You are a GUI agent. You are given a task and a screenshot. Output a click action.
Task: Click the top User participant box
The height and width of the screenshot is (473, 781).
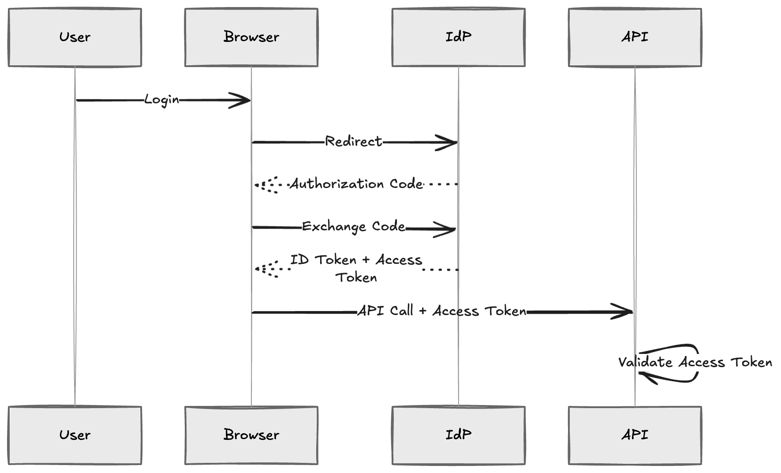[x=75, y=38]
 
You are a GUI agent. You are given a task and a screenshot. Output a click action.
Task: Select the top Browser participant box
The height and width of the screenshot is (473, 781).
[x=251, y=38]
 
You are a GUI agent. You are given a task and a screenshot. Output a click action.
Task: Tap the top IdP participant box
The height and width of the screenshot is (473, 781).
[x=458, y=38]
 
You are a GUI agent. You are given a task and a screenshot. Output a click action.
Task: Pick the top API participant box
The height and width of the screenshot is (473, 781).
[x=635, y=38]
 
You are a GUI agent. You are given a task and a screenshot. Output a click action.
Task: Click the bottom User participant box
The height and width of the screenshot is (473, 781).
[x=75, y=435]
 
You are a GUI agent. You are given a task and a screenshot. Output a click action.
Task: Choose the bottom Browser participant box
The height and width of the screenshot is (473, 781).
[x=251, y=435]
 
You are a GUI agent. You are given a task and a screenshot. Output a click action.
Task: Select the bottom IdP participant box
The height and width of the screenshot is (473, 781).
[x=458, y=435]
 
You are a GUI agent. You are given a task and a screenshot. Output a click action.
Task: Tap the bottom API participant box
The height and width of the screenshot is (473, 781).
[x=635, y=435]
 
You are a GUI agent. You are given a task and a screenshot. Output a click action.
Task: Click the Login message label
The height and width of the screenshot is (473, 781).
[x=162, y=100]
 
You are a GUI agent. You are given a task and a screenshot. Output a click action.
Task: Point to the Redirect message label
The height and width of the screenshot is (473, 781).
[x=353, y=141]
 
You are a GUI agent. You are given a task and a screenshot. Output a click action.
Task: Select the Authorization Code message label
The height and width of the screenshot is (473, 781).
[x=355, y=184]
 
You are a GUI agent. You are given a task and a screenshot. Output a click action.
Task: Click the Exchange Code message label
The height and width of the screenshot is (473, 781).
[x=353, y=226]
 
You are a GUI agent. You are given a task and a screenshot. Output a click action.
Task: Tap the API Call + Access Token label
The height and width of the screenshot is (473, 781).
[x=442, y=311]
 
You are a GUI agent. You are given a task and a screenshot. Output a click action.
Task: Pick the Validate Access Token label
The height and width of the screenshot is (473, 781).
[x=695, y=363]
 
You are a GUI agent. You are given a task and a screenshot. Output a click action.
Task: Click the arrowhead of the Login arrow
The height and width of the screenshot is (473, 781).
[x=245, y=100]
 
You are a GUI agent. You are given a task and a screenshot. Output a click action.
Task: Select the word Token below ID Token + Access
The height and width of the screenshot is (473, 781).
[x=356, y=278]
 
